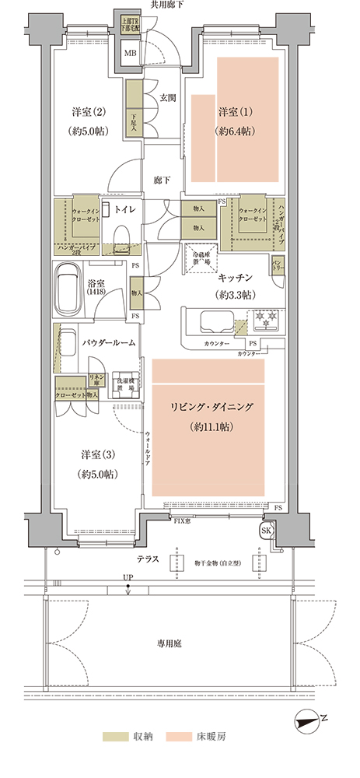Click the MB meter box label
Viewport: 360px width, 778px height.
tap(131, 54)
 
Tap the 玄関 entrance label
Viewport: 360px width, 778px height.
tap(167, 98)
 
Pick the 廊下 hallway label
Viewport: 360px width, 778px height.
tap(162, 180)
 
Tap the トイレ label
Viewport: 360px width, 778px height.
tap(125, 209)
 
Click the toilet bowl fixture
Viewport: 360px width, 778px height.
tap(121, 234)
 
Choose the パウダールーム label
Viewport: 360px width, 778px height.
tap(109, 342)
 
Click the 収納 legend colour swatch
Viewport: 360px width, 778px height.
tap(117, 735)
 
